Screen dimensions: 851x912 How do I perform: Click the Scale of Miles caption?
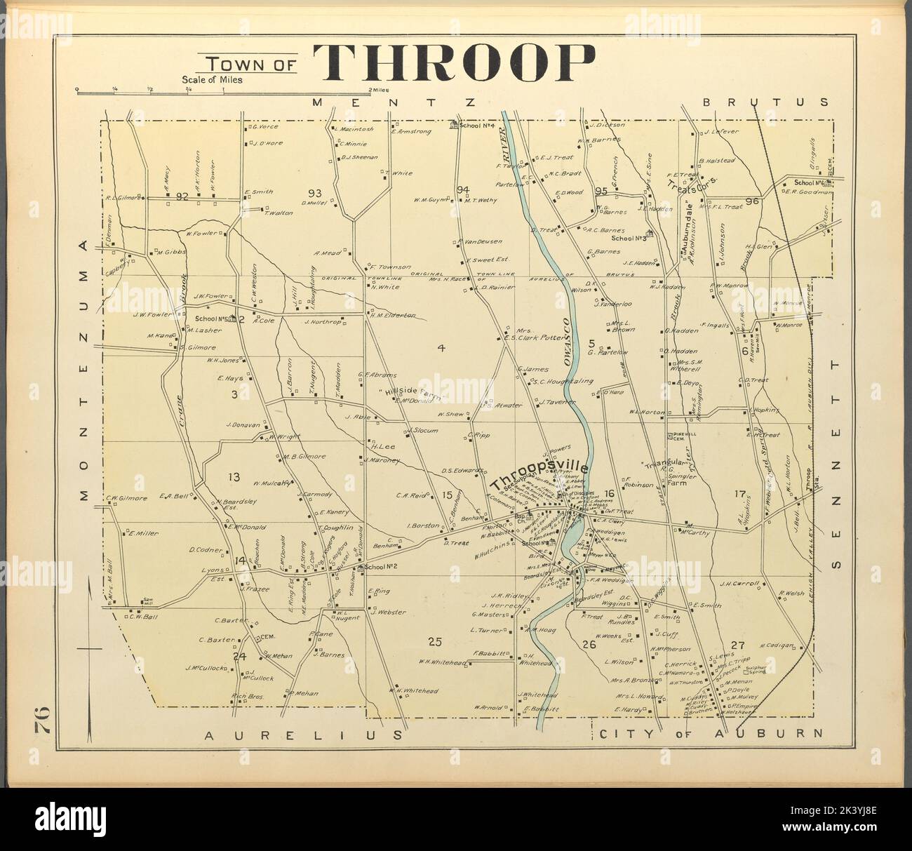212,80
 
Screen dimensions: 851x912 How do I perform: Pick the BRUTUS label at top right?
765,102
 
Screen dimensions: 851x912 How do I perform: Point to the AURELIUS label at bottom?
304,735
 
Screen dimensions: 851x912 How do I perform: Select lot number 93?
314,193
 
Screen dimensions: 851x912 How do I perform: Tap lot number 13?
234,477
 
